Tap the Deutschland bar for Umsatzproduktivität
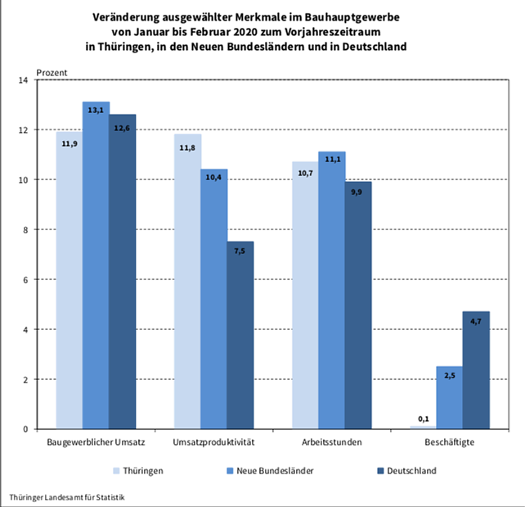[240, 335]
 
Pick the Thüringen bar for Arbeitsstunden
[306, 295]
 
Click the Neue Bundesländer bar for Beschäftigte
[450, 397]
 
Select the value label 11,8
[188, 147]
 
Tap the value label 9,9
[358, 191]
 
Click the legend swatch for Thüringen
[116, 471]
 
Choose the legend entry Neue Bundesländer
[267, 471]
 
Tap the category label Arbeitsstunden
[331, 442]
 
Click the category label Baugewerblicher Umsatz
[96, 442]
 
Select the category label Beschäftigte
[450, 442]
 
